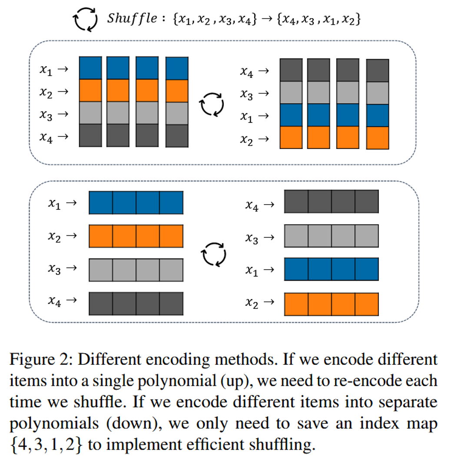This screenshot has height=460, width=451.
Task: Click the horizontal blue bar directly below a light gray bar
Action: pyautogui.click(x=331, y=269)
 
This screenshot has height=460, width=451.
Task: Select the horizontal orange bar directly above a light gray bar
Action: pyautogui.click(x=136, y=236)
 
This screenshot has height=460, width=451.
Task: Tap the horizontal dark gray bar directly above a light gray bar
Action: pyautogui.click(x=331, y=202)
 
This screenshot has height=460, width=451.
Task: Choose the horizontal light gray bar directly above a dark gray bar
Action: pyautogui.click(x=136, y=270)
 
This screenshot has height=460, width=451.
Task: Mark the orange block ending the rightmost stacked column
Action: pyautogui.click(x=377, y=138)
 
